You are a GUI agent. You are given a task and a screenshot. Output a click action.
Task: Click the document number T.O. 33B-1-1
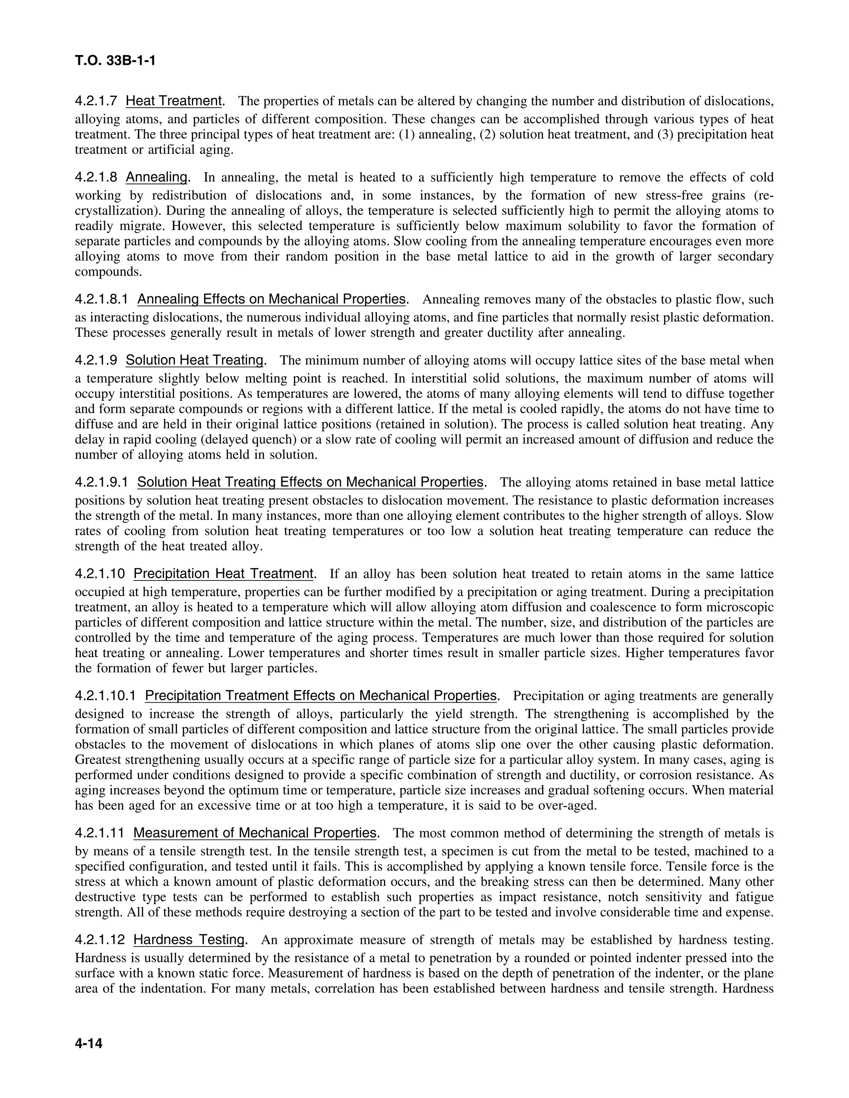[115, 61]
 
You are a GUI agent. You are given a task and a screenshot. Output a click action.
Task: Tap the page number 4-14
[89, 1044]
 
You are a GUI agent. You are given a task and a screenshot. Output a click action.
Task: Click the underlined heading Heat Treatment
[174, 101]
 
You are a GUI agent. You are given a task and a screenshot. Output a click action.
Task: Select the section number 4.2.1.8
[96, 177]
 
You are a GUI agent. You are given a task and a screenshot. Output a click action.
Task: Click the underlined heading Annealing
[156, 177]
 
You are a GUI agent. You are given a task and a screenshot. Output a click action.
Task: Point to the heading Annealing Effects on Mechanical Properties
[271, 300]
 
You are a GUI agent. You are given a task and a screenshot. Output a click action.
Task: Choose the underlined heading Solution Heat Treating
[195, 360]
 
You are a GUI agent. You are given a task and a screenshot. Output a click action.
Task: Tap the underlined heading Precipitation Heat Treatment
[224, 574]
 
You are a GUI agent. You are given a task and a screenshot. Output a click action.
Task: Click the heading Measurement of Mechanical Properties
[255, 834]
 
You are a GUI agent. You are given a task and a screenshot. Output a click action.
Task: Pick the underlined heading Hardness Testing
[189, 940]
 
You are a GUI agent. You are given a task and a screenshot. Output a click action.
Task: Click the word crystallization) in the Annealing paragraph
[115, 210]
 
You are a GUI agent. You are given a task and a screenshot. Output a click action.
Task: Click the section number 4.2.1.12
[99, 940]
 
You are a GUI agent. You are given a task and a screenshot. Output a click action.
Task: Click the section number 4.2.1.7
[96, 101]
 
